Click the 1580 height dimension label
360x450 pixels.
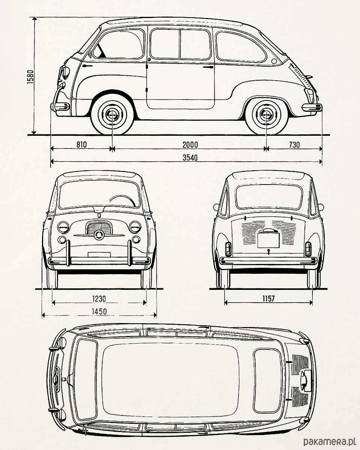(x=30, y=77)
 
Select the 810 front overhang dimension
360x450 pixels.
(x=81, y=144)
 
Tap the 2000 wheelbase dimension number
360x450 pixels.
(x=190, y=145)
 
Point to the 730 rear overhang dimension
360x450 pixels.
(x=294, y=145)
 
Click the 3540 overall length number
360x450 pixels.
(x=190, y=157)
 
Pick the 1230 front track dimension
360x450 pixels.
(x=99, y=298)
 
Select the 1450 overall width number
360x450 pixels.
(x=99, y=312)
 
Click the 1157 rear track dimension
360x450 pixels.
(x=268, y=298)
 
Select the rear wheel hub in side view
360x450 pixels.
(x=266, y=114)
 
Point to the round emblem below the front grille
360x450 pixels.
(x=99, y=235)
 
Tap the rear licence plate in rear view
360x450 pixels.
(x=268, y=240)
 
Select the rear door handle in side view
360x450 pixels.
(x=208, y=67)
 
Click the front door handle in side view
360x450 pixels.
(x=87, y=66)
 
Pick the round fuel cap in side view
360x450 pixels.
(x=274, y=61)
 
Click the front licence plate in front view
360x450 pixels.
(x=99, y=254)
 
